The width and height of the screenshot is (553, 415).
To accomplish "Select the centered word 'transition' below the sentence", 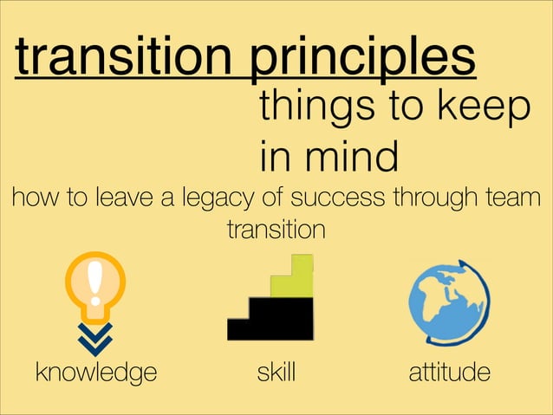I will click(x=276, y=230).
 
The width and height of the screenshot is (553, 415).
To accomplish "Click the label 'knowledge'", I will click(x=95, y=373).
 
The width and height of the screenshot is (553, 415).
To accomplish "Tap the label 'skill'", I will click(x=276, y=373).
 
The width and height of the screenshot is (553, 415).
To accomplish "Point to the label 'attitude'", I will click(x=449, y=373).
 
